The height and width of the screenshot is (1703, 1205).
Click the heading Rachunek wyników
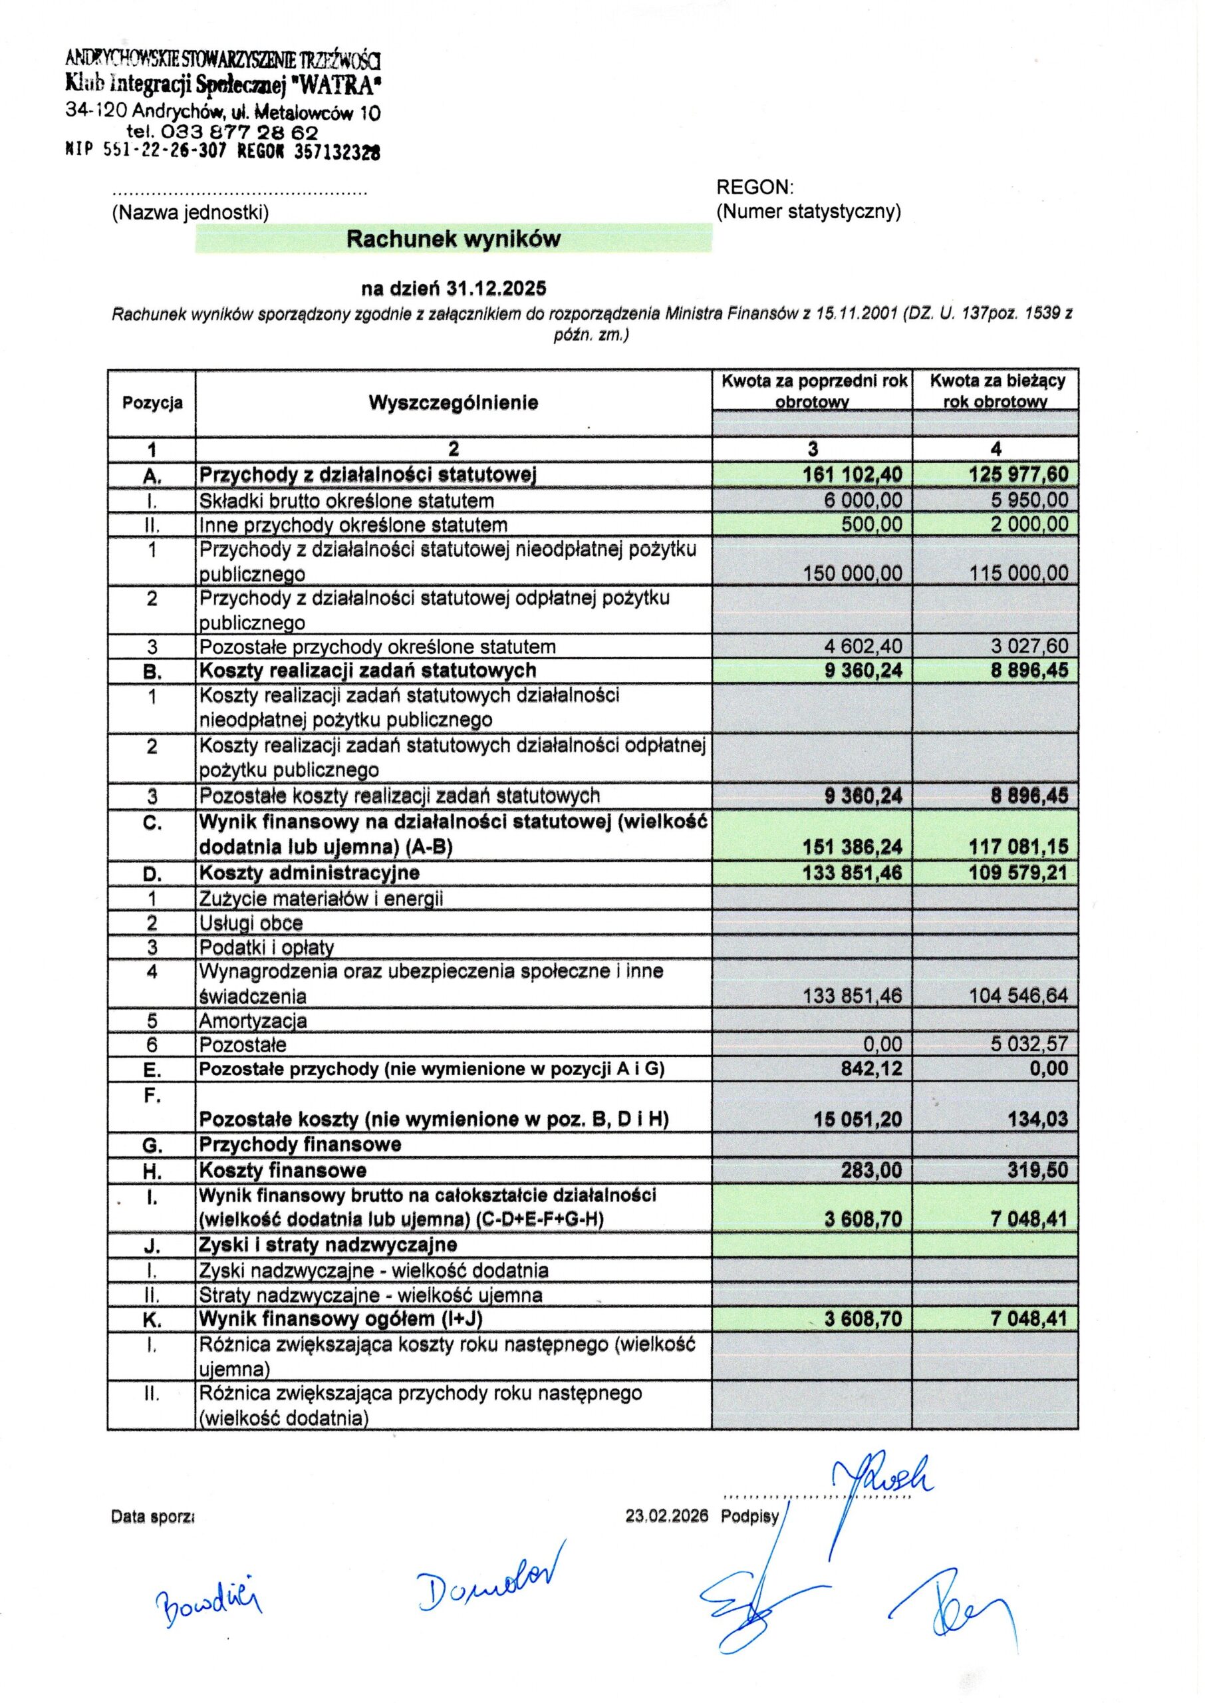click(454, 239)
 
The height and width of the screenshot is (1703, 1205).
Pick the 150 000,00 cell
click(853, 573)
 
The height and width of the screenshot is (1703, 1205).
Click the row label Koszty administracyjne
click(309, 873)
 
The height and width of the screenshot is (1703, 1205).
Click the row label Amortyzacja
click(253, 1021)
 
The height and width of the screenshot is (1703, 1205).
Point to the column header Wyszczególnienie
click(454, 403)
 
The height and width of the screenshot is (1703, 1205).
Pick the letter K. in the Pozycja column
click(152, 1321)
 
